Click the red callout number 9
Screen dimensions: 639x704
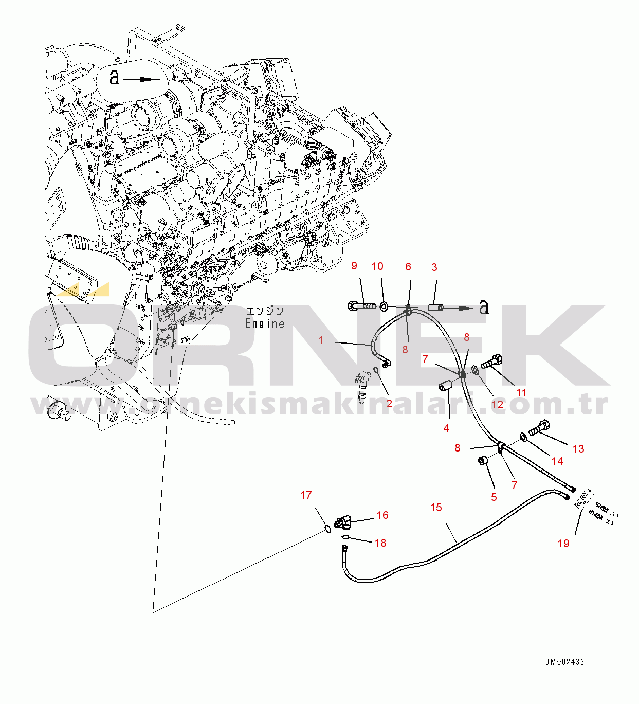(x=354, y=266)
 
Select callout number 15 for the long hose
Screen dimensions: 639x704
(x=436, y=507)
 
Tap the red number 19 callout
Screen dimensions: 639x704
(x=563, y=543)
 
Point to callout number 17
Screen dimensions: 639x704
(x=306, y=495)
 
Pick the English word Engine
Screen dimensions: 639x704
(x=265, y=323)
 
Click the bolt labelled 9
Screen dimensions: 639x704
(x=362, y=306)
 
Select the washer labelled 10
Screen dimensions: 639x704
(x=384, y=306)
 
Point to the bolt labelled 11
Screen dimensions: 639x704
(x=491, y=362)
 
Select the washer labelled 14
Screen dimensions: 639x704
(x=523, y=436)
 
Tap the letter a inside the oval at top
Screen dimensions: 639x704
(x=115, y=77)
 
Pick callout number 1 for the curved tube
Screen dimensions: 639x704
(x=320, y=340)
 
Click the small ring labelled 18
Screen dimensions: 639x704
(x=345, y=536)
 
